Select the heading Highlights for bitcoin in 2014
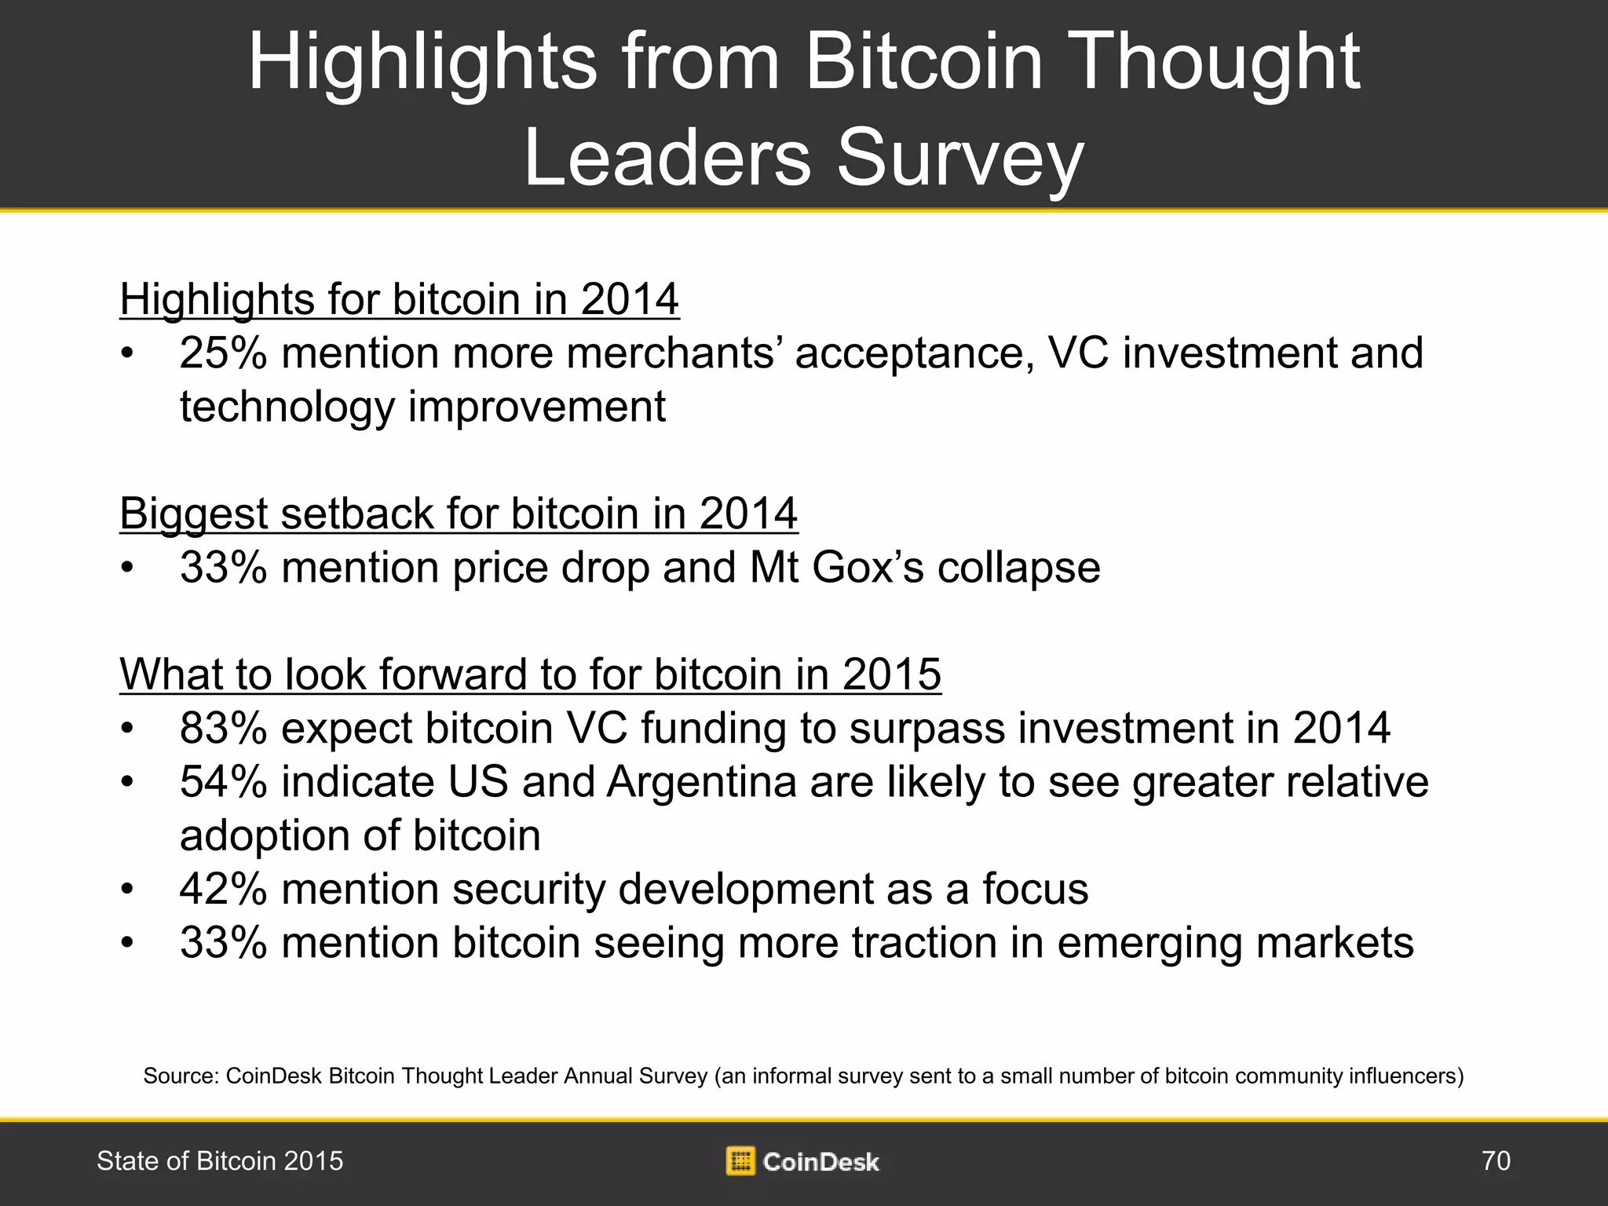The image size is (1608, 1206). tap(399, 299)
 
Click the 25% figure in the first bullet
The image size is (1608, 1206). tap(223, 353)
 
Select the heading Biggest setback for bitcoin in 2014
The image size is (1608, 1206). tap(459, 513)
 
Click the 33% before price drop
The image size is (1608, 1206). tap(223, 567)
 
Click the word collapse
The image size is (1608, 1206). tap(1018, 567)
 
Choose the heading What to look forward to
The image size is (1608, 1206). tap(530, 674)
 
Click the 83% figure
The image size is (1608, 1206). tap(223, 728)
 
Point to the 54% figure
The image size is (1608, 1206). tap(223, 782)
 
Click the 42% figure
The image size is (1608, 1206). tap(223, 889)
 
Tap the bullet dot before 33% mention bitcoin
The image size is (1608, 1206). tap(127, 942)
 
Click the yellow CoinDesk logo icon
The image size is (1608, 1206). tap(740, 1160)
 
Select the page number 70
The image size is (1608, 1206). tap(1496, 1160)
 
